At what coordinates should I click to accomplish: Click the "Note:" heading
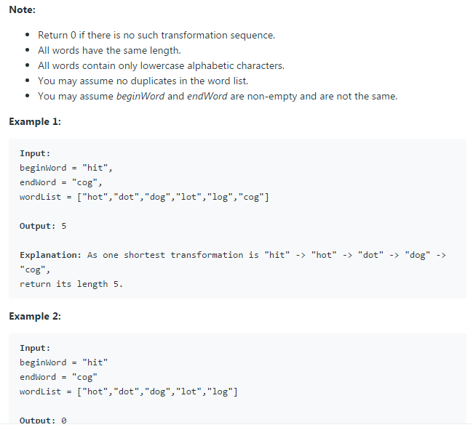pyautogui.click(x=22, y=9)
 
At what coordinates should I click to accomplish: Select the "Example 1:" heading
pyautogui.click(x=35, y=121)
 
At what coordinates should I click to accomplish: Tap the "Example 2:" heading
pyautogui.click(x=35, y=316)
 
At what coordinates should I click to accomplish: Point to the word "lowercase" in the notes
pyautogui.click(x=168, y=65)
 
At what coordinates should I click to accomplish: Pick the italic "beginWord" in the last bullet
pyautogui.click(x=140, y=96)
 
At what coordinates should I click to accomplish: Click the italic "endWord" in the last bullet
pyautogui.click(x=207, y=96)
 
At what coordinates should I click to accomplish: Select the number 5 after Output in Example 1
pyautogui.click(x=63, y=226)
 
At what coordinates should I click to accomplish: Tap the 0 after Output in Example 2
pyautogui.click(x=63, y=421)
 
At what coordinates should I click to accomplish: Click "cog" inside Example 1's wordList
pyautogui.click(x=253, y=197)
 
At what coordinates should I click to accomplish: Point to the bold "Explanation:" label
pyautogui.click(x=50, y=255)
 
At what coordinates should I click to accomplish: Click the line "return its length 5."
pyautogui.click(x=71, y=284)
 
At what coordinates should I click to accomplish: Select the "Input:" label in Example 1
pyautogui.click(x=35, y=153)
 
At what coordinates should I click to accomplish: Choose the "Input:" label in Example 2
pyautogui.click(x=35, y=348)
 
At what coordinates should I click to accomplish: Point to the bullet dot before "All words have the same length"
pyautogui.click(x=27, y=51)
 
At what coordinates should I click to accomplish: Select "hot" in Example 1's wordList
pyautogui.click(x=95, y=197)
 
